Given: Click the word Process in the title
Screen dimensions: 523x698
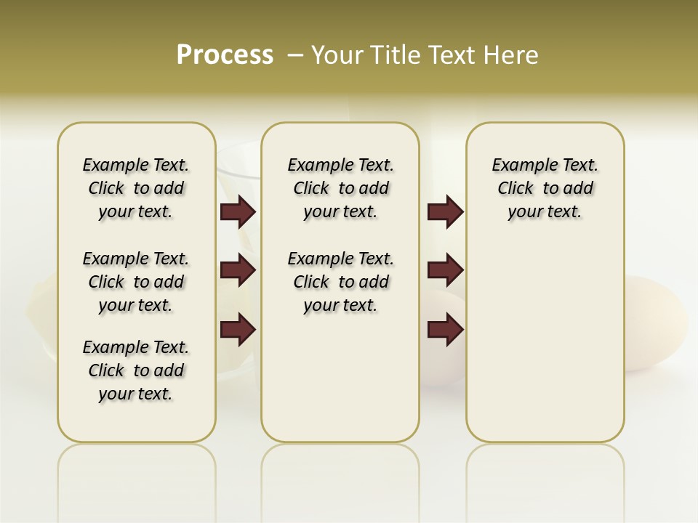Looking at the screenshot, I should pos(225,55).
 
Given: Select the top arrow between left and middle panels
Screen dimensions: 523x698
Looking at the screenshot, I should pos(238,211).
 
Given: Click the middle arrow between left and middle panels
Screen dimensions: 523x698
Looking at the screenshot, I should pos(238,270).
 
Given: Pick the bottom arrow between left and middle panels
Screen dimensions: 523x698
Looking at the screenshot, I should pos(238,330).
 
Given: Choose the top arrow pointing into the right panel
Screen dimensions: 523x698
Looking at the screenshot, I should pos(445,211).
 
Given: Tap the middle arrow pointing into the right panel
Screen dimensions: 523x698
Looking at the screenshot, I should pos(445,270).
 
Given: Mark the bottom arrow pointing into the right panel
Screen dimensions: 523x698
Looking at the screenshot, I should pos(445,330).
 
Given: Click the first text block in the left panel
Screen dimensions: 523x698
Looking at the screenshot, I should pos(136,188).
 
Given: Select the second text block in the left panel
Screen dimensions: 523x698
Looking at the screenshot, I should pos(136,282).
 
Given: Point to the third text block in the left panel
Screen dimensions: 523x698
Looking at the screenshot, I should pos(136,370).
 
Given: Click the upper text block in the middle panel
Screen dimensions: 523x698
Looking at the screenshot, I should pos(340,188).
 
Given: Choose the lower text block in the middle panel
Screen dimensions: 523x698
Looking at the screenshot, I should pos(340,282).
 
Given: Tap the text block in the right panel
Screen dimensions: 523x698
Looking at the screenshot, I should pos(545,188).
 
